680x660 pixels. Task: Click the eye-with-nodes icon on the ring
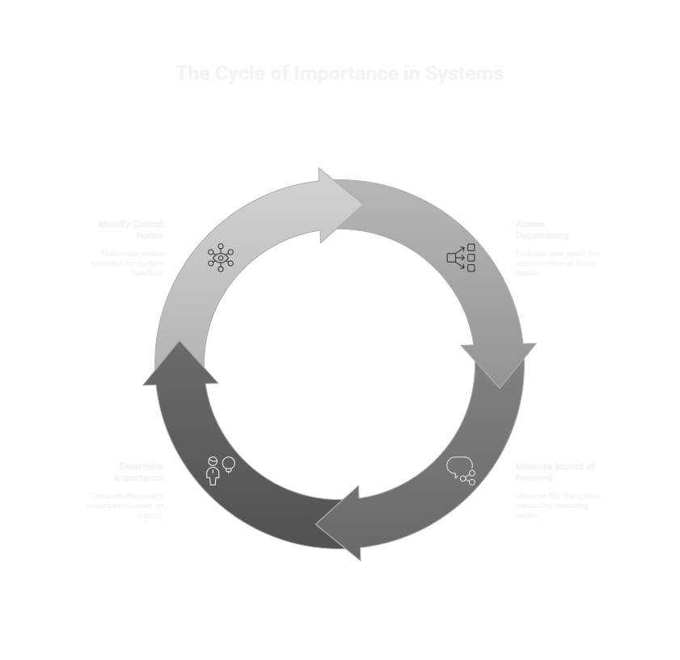point(220,258)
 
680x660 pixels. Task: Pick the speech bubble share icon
point(461,470)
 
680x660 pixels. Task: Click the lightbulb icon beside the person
point(229,464)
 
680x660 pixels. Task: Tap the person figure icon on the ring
point(213,471)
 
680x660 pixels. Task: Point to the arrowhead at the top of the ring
point(340,205)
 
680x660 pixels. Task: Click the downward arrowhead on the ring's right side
point(498,363)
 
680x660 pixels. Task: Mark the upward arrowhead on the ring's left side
point(180,364)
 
